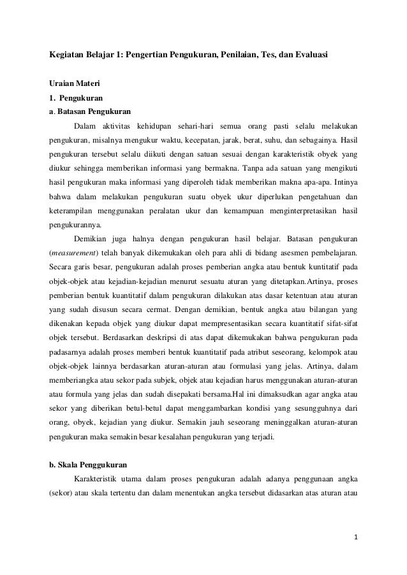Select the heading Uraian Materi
(x=71, y=83)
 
